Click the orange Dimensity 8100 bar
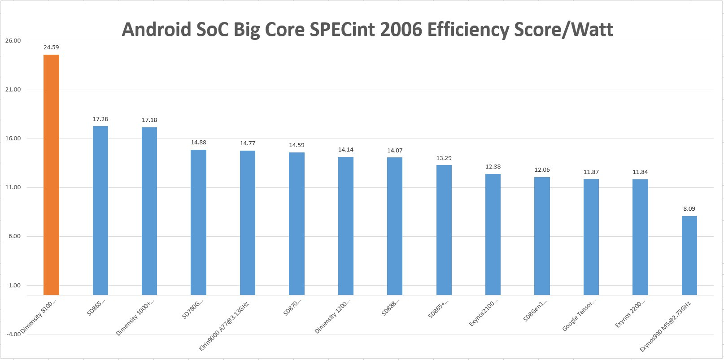click(51, 175)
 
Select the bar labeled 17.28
click(100, 210)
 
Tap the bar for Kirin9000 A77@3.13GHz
click(248, 222)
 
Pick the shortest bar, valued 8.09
click(689, 255)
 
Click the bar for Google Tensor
click(591, 237)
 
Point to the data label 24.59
click(51, 47)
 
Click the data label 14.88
click(198, 143)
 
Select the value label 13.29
click(444, 158)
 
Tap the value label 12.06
click(542, 170)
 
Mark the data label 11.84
click(640, 172)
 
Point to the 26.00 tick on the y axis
click(13, 41)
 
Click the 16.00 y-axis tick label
click(13, 139)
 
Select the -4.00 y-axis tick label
click(13, 334)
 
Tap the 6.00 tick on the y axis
click(14, 236)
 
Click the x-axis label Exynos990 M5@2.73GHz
click(666, 327)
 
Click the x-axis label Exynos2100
click(483, 313)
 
